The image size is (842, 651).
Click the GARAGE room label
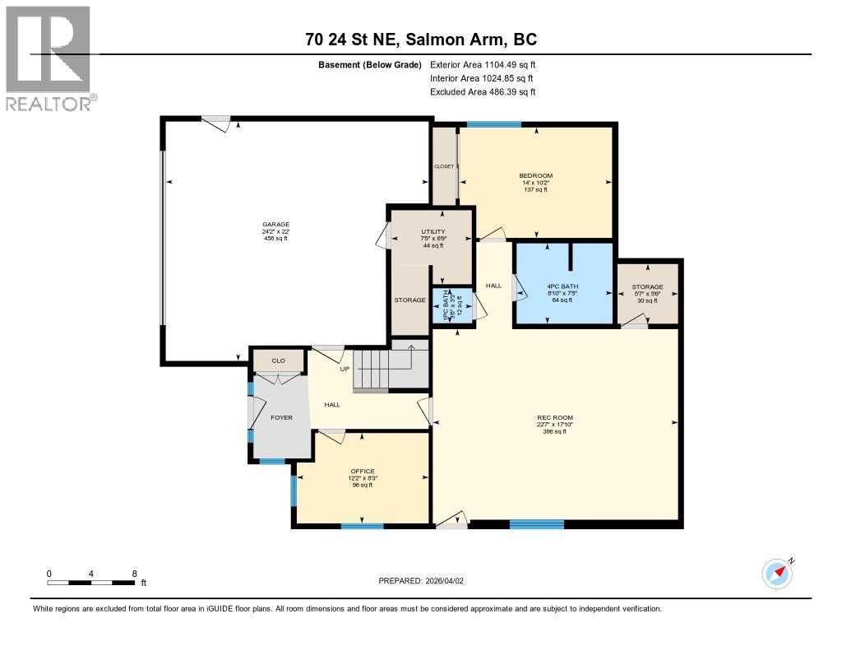coord(275,224)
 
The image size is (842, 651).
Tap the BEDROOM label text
coord(535,175)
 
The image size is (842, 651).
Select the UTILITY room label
coord(433,232)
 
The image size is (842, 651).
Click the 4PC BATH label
coord(564,287)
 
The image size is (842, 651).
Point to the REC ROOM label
coord(553,417)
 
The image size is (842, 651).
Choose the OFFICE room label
coord(362,472)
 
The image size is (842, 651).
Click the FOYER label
coord(282,417)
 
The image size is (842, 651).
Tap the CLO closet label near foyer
coord(279,360)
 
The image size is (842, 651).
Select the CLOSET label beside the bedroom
coord(444,166)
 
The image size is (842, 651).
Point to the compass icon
coord(777,573)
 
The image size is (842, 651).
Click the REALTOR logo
coord(49,58)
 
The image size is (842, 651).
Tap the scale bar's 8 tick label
coord(134,573)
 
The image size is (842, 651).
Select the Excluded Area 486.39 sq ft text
coord(483,92)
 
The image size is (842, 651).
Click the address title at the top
coord(420,40)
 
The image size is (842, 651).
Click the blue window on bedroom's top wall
coord(493,124)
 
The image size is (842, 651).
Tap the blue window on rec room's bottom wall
coord(536,524)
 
